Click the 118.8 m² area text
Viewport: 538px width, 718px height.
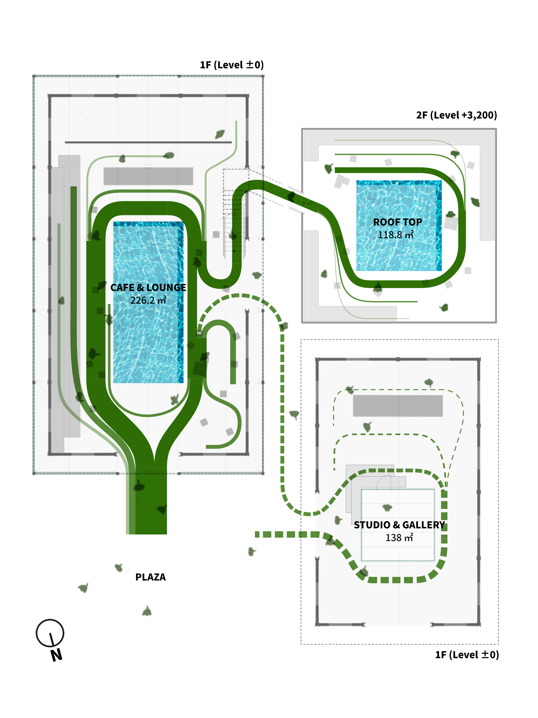coord(396,235)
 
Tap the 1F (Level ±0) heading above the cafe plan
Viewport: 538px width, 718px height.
coord(232,65)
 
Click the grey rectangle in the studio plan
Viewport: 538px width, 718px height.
coord(398,406)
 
